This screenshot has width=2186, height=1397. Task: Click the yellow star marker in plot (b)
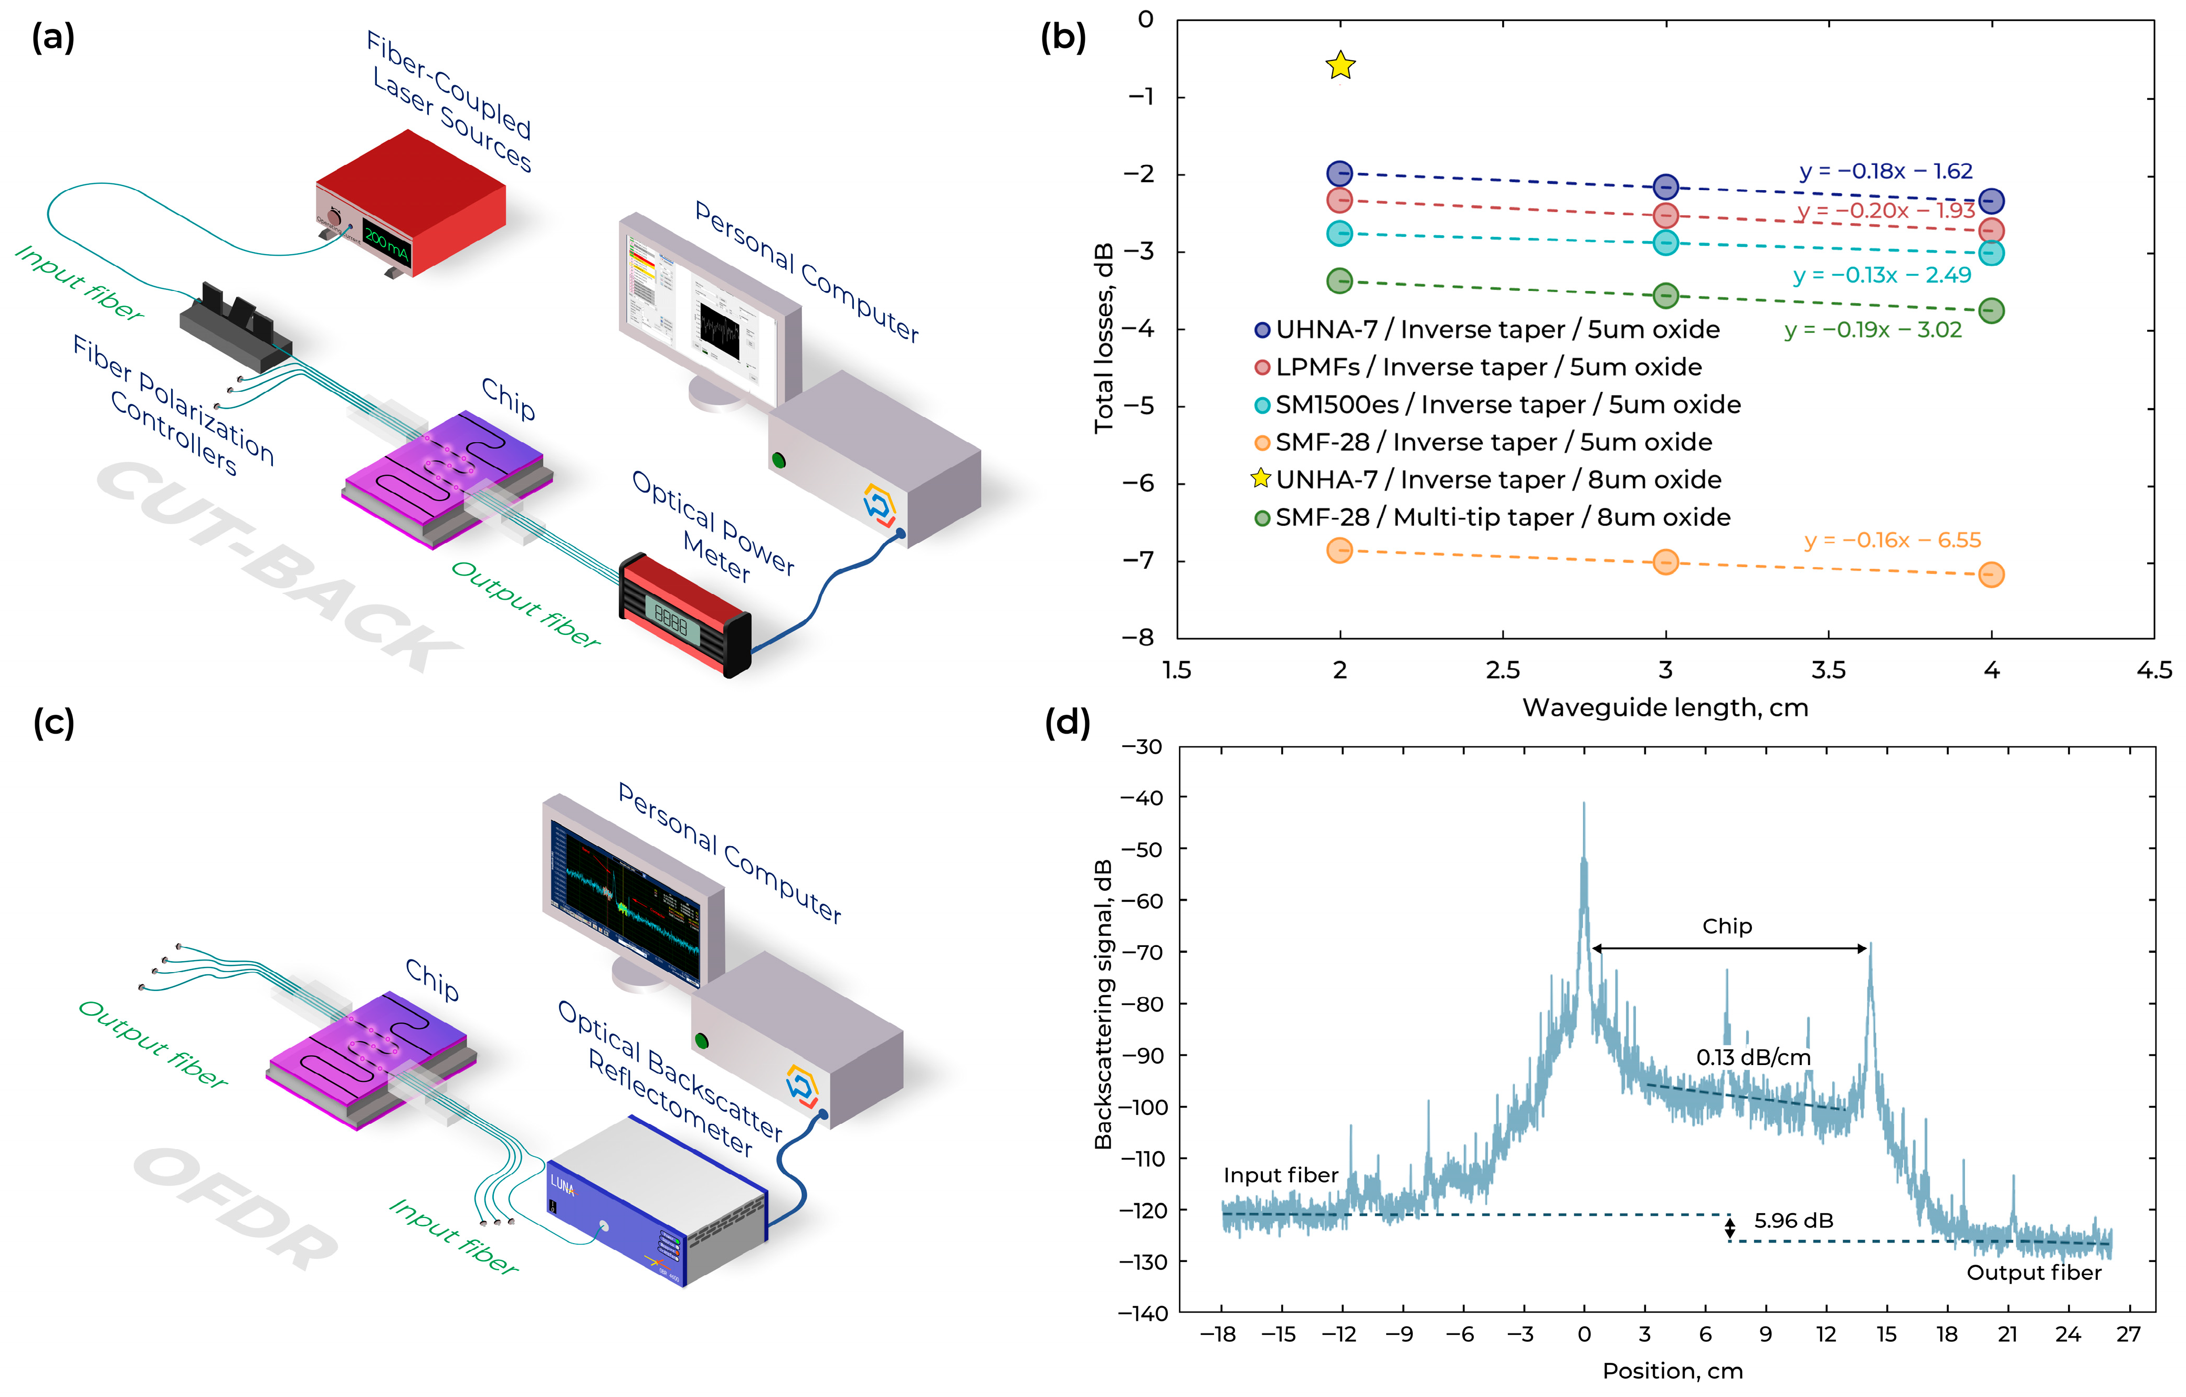point(1340,66)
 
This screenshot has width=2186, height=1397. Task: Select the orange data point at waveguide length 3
point(1665,562)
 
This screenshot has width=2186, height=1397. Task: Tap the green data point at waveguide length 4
point(1991,310)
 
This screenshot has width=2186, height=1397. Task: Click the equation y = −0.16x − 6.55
point(1892,540)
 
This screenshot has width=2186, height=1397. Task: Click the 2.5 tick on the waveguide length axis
point(1503,670)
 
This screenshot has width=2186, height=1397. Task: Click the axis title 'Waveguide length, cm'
point(1665,707)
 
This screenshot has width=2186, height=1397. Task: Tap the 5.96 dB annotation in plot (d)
point(1793,1220)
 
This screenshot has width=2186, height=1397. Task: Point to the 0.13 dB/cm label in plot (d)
point(1753,1057)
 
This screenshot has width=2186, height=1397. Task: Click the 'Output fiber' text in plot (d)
point(2033,1273)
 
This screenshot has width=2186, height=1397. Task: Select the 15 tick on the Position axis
point(1886,1335)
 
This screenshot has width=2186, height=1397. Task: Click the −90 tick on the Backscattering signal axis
point(1143,1056)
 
